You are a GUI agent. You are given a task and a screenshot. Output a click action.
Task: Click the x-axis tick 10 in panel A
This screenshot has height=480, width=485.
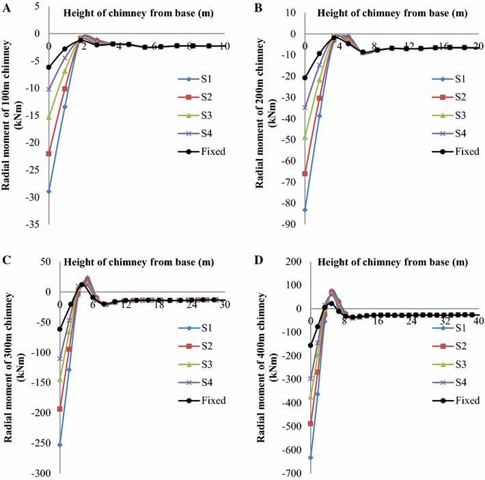pyautogui.click(x=225, y=46)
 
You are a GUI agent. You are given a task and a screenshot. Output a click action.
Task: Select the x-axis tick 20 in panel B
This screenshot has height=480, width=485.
pyautogui.click(x=477, y=46)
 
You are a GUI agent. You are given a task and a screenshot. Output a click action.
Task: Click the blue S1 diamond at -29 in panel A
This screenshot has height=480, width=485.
pyautogui.click(x=48, y=192)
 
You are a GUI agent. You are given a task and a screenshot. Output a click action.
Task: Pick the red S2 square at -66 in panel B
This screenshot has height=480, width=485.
pyautogui.click(x=305, y=173)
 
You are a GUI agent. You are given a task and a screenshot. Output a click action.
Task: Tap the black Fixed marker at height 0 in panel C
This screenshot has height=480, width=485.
pyautogui.click(x=60, y=329)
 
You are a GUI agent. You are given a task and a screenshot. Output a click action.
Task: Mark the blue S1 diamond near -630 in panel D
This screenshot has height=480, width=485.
pyautogui.click(x=311, y=457)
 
